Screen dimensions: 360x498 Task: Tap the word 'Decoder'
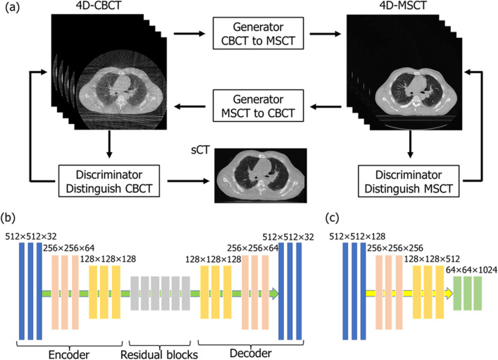[242, 354]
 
